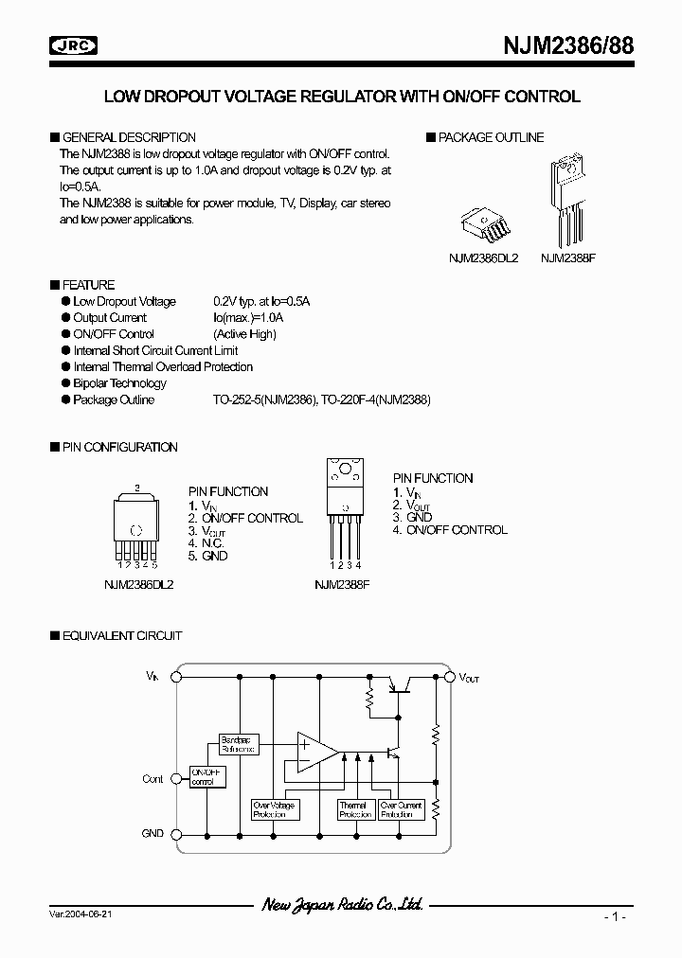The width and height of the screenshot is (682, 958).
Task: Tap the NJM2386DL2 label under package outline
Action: [x=483, y=257]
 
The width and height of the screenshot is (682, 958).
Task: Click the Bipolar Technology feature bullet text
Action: [x=119, y=383]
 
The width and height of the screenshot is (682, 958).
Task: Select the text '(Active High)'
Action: [x=244, y=334]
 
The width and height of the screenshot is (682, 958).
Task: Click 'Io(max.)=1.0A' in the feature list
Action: [x=248, y=318]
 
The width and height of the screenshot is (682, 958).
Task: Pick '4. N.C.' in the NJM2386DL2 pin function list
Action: [x=206, y=543]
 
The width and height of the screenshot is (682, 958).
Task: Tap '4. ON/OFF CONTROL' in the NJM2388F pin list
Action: [x=450, y=530]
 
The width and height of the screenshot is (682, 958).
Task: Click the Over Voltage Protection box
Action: [x=274, y=809]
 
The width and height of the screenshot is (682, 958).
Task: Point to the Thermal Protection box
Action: [x=355, y=809]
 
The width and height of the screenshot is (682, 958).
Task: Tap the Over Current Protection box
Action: [x=400, y=809]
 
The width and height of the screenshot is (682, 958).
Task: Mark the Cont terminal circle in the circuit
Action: [x=180, y=779]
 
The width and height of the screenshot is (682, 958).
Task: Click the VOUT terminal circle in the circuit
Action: [x=449, y=678]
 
